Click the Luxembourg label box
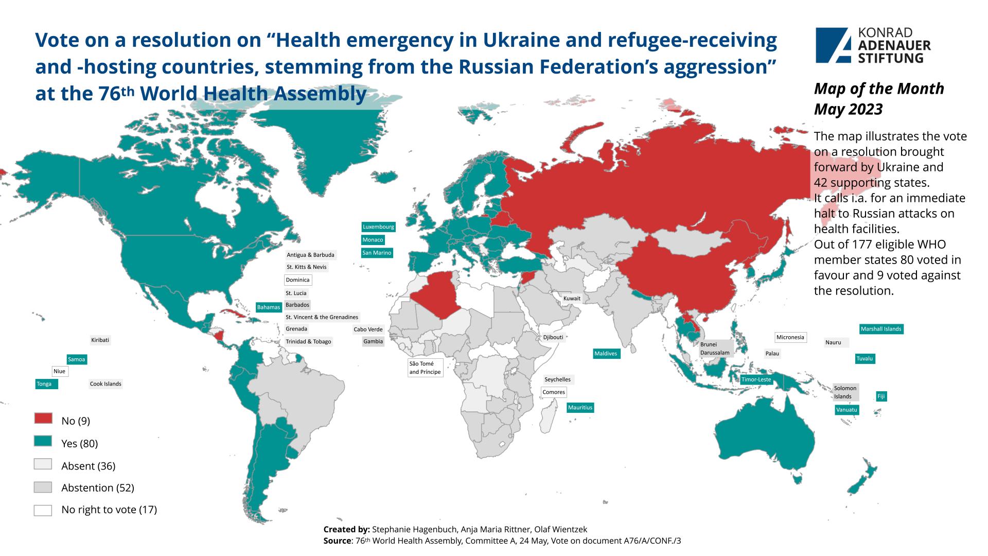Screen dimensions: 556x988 378,227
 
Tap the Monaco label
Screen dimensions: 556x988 373,240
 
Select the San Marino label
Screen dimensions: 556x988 377,253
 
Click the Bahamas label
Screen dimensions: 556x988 268,307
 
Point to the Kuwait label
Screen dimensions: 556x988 572,299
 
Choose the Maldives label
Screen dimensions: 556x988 605,354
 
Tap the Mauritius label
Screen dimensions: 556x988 580,408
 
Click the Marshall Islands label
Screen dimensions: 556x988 881,329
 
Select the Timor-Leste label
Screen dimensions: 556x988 756,379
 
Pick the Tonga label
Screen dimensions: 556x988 44,384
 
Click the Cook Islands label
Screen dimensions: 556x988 105,384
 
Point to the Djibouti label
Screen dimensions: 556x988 553,338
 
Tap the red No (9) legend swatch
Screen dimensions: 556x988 43,418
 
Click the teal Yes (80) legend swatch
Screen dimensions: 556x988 43,441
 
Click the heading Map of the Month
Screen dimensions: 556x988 878,89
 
